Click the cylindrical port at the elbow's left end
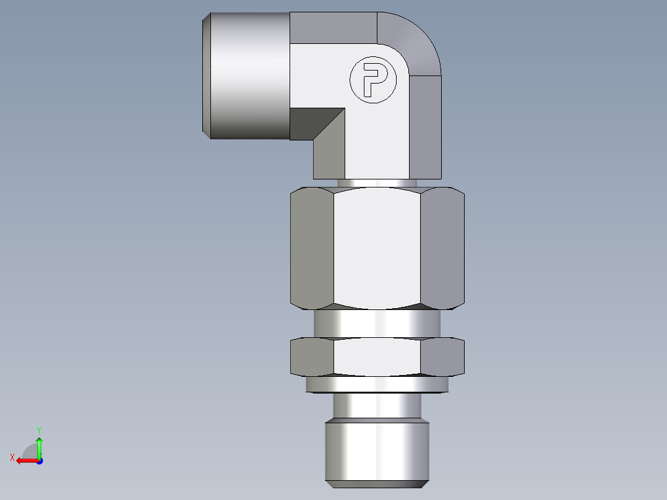pos(247,75)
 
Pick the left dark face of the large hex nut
pos(312,248)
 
